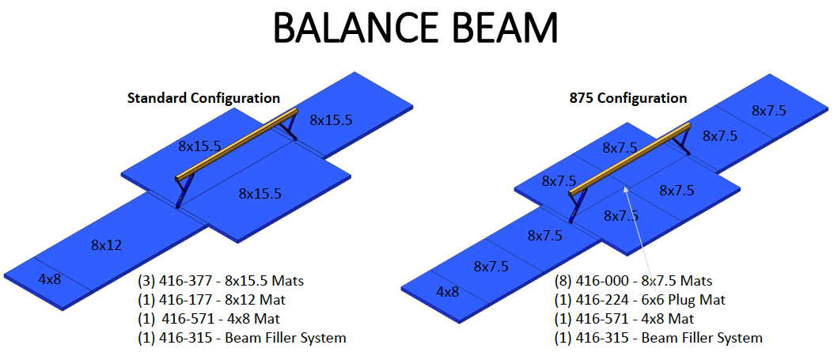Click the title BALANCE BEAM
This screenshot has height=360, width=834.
coord(416,28)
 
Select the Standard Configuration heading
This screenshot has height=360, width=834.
coord(203,98)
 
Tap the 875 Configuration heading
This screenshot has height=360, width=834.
coord(627,98)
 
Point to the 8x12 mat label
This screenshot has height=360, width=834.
coord(105,244)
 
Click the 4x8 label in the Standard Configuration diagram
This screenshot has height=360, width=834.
coord(49,279)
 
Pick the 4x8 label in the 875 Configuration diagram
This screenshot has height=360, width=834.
coord(447,291)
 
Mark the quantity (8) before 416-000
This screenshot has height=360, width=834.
coord(565,281)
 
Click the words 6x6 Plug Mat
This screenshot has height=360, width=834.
coord(686,300)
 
